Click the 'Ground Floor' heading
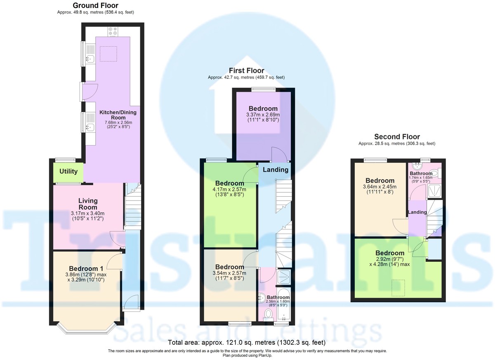pos(95,5)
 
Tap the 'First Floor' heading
pos(246,71)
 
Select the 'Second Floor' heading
pos(397,136)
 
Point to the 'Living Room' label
pos(88,204)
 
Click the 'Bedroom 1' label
pos(86,269)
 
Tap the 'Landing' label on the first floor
pos(276,169)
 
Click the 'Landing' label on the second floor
pos(417,212)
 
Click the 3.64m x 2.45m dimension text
pos(380,189)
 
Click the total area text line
pos(247,343)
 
